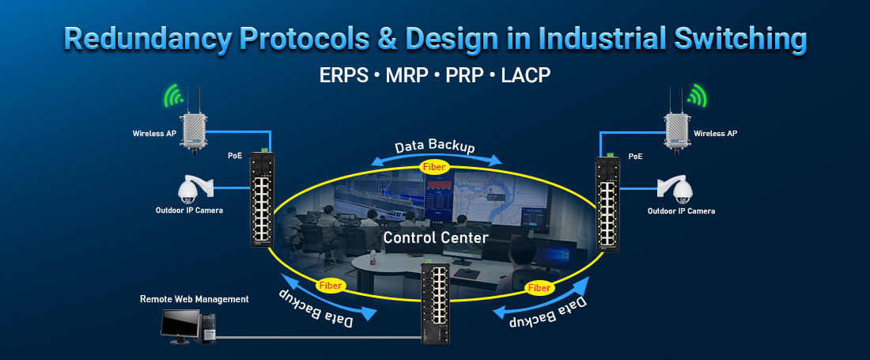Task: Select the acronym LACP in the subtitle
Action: click(523, 75)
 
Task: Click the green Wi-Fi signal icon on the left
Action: click(172, 96)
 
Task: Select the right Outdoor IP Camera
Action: click(679, 188)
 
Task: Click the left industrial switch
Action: click(261, 199)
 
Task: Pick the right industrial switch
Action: click(608, 203)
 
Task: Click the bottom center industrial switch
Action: click(435, 301)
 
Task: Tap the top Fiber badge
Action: click(434, 167)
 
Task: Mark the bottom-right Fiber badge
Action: click(540, 288)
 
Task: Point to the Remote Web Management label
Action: click(195, 299)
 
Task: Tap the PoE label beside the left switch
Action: click(235, 157)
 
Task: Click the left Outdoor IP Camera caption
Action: click(189, 210)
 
